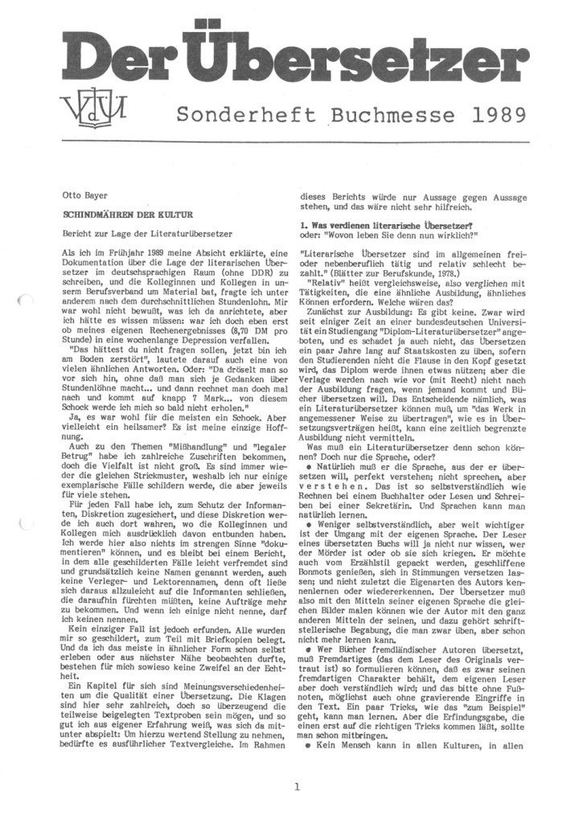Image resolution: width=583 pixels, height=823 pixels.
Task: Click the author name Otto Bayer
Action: (x=83, y=194)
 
